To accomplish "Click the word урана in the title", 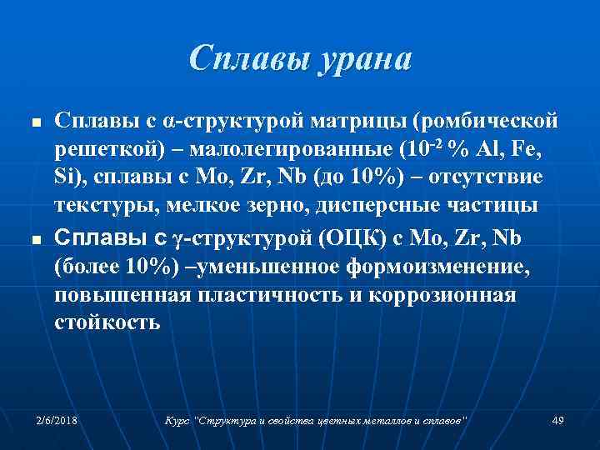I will click(x=361, y=59).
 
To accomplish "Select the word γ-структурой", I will click(x=239, y=238).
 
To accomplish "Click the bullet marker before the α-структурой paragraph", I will click(x=34, y=123).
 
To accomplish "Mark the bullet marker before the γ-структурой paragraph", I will click(x=34, y=240).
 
